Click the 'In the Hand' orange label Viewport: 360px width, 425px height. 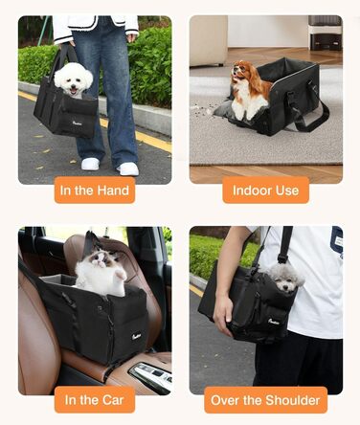click(x=95, y=190)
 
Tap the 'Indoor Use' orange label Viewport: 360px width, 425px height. click(x=265, y=190)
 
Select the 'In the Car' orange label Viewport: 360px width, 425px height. click(x=95, y=400)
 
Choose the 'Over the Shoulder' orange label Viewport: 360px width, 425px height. click(x=265, y=400)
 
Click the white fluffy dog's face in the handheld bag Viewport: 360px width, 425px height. click(x=74, y=81)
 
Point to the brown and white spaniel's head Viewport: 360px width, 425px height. click(x=241, y=71)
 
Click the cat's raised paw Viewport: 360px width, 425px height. click(x=120, y=275)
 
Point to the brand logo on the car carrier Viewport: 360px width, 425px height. click(x=137, y=336)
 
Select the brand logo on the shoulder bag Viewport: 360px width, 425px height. click(x=274, y=321)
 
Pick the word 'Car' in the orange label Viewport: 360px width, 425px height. click(x=113, y=400)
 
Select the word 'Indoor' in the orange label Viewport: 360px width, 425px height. click(x=250, y=190)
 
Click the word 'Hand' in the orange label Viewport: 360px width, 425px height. click(x=113, y=190)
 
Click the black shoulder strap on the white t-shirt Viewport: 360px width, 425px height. click(x=285, y=243)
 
